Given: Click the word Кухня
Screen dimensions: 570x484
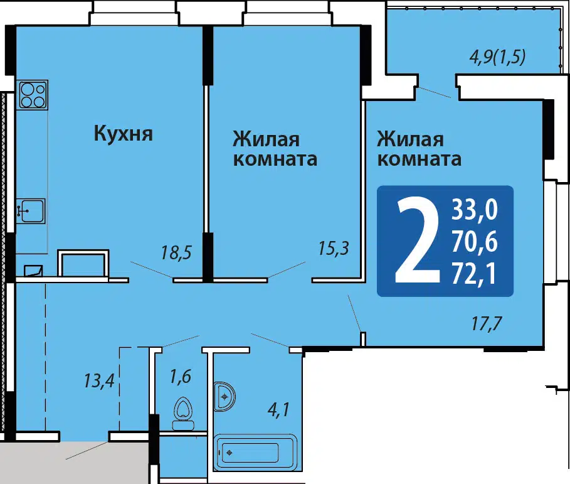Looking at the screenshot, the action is tap(124, 134).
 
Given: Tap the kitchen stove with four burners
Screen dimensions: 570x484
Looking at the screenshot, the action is tap(33, 95).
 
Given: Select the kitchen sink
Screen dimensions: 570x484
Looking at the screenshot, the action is tap(31, 211).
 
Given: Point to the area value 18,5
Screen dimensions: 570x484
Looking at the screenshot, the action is tap(176, 253).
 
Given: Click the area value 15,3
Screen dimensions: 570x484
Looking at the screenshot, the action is tap(334, 248).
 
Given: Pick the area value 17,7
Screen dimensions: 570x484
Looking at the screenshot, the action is tap(487, 323).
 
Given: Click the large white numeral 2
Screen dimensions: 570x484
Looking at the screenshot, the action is tap(417, 240).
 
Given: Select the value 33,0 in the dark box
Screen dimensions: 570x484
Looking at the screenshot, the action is tap(475, 210).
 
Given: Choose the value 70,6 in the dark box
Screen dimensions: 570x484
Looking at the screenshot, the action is tap(475, 242).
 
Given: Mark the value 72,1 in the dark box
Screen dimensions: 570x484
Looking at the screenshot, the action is tap(474, 274).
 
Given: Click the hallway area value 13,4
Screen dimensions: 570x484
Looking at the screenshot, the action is tap(99, 381).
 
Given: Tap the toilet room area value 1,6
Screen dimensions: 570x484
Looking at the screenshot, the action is tap(181, 376).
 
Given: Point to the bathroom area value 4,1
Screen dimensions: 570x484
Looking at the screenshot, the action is tap(278, 410).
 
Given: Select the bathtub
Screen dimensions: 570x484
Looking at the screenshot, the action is tap(256, 452).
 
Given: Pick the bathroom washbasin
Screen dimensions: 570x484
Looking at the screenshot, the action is tap(224, 396).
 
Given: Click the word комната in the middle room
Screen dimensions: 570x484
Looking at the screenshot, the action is tap(275, 159).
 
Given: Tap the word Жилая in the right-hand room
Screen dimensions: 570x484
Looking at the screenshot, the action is tap(410, 139).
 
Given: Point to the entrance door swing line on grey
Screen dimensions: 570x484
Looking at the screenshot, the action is tap(87, 451).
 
